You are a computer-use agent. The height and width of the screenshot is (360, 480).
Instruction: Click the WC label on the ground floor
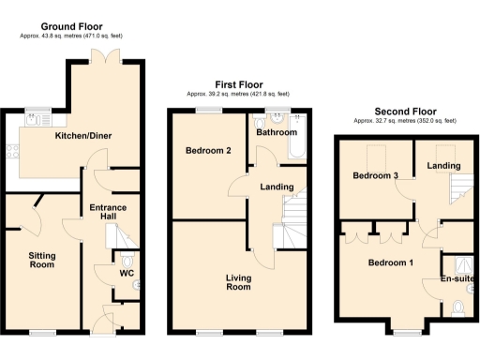(x=126, y=275)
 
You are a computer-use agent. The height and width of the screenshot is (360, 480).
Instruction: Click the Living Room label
(x=238, y=282)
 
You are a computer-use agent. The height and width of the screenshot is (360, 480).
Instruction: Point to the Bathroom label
(x=277, y=133)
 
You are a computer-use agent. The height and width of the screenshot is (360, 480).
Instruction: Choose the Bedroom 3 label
(x=375, y=176)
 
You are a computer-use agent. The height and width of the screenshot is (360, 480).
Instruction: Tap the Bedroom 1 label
(x=390, y=263)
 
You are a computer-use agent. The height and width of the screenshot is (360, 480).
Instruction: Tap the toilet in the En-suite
(x=457, y=306)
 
